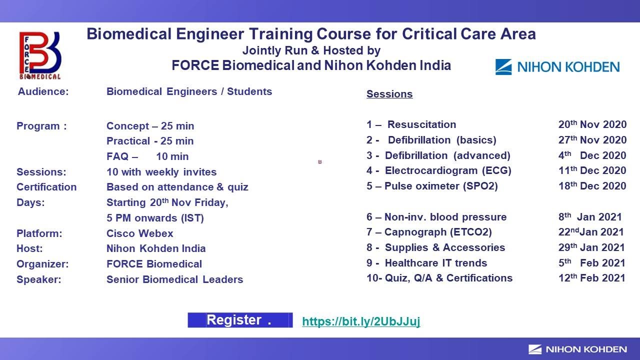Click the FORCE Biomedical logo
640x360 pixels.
point(40,55)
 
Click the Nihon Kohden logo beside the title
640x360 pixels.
point(557,67)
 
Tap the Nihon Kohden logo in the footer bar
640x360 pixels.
point(577,349)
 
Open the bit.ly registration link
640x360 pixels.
point(361,321)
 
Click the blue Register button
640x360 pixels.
point(240,320)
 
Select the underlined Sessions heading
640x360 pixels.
point(389,94)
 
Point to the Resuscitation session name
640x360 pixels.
point(421,124)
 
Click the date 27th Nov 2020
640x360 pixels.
point(592,140)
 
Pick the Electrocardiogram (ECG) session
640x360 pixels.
point(448,170)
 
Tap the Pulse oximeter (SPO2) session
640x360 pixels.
point(441,186)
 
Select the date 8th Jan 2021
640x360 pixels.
point(590,217)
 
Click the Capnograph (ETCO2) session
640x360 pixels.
point(438,232)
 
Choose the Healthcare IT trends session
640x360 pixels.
point(435,263)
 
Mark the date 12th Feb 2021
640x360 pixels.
point(591,278)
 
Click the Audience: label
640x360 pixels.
point(43,91)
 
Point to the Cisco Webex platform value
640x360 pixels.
point(140,233)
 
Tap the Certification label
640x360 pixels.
point(46,187)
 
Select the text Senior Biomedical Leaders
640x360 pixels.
point(174,279)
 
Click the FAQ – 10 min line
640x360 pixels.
point(147,156)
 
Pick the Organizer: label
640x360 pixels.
point(42,264)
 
